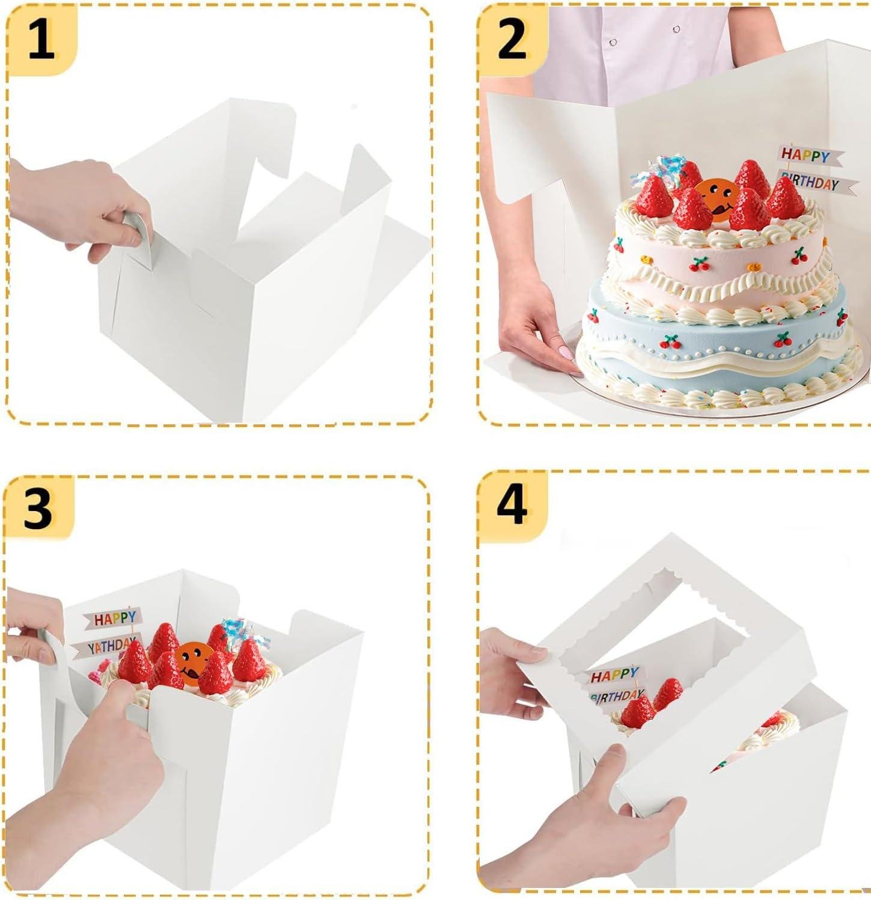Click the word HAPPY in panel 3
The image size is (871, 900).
(x=114, y=618)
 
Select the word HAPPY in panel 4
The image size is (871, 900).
(x=614, y=676)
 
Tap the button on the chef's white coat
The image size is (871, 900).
(x=676, y=28)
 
